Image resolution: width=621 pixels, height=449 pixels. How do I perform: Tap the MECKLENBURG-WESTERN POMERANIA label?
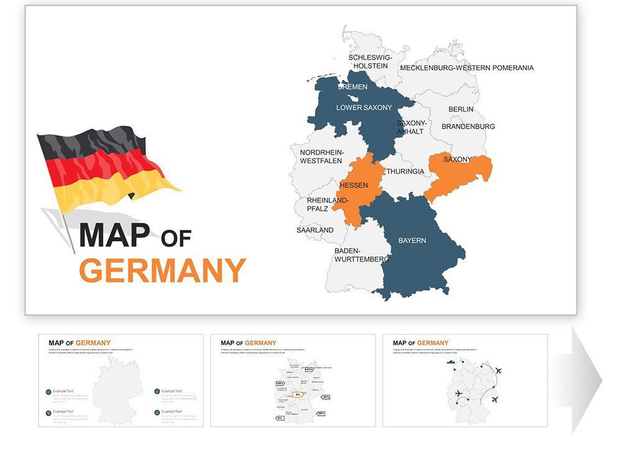pyautogui.click(x=466, y=68)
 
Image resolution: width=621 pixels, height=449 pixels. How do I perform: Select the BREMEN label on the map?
pyautogui.click(x=352, y=87)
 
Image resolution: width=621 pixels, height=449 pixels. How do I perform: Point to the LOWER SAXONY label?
pyautogui.click(x=364, y=107)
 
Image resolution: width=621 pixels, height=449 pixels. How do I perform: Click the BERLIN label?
pyautogui.click(x=461, y=109)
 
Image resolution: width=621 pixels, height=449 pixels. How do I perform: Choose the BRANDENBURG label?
pyautogui.click(x=468, y=127)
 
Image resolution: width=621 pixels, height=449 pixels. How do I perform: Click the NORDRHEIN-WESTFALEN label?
pyautogui.click(x=321, y=156)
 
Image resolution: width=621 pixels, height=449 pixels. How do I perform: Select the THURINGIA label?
pyautogui.click(x=406, y=171)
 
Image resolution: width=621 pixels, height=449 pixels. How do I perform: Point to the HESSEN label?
pyautogui.click(x=353, y=185)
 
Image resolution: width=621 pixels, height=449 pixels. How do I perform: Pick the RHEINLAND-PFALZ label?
pyautogui.click(x=328, y=204)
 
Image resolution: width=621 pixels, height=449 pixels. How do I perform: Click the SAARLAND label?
pyautogui.click(x=315, y=230)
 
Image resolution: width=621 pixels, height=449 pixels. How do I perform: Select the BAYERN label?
pyautogui.click(x=412, y=240)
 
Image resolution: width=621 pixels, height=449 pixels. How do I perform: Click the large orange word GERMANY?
pyautogui.click(x=163, y=271)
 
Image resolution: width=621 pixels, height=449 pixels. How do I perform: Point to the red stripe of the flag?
pyautogui.click(x=106, y=167)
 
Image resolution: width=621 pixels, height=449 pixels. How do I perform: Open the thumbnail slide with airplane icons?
pyautogui.click(x=465, y=380)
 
